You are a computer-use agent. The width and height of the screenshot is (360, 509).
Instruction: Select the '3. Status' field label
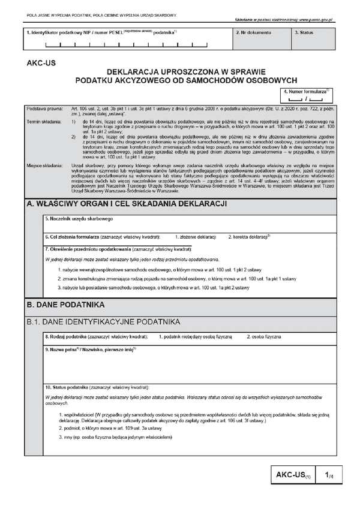click(x=304, y=31)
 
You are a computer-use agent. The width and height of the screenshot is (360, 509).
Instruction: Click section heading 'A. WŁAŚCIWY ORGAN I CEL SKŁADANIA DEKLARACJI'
click(x=127, y=204)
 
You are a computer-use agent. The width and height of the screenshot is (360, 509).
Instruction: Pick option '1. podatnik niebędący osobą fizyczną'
click(x=195, y=338)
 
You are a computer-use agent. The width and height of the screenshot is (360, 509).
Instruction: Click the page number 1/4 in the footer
click(x=329, y=475)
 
